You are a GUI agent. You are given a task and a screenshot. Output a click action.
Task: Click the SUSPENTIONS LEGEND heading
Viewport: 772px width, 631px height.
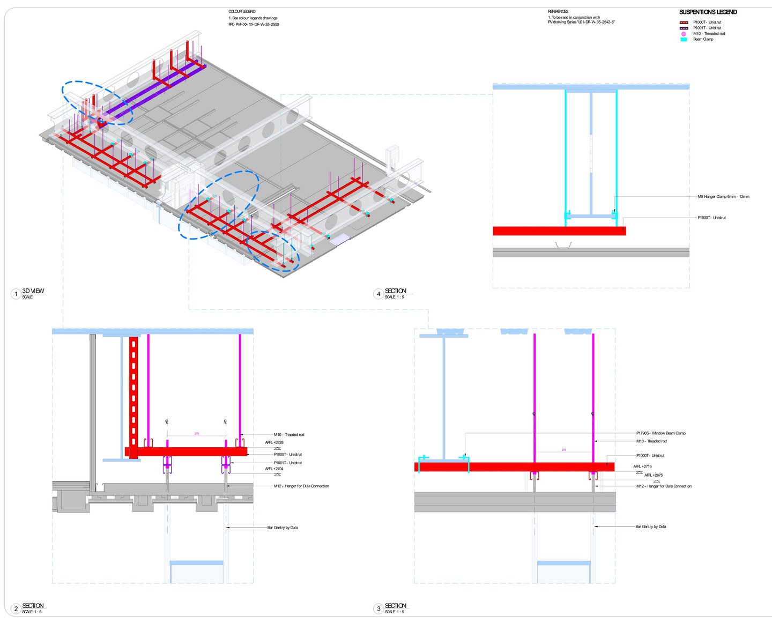pyautogui.click(x=708, y=12)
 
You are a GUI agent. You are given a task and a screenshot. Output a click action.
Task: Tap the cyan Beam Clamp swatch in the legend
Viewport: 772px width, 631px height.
pyautogui.click(x=684, y=39)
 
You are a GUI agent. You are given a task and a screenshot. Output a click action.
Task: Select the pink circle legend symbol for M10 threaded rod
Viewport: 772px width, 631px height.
pyautogui.click(x=684, y=34)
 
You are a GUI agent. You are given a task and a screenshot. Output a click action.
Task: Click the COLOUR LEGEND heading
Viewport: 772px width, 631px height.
pyautogui.click(x=242, y=11)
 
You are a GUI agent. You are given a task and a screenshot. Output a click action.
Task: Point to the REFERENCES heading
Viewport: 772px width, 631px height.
pyautogui.click(x=558, y=11)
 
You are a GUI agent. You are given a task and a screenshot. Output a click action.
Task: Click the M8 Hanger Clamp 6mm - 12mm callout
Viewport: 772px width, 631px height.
pyautogui.click(x=723, y=197)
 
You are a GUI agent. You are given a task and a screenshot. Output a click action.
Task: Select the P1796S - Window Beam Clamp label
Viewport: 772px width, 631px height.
pyautogui.click(x=660, y=433)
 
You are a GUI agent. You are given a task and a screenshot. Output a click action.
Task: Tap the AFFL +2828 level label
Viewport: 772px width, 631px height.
pyautogui.click(x=274, y=442)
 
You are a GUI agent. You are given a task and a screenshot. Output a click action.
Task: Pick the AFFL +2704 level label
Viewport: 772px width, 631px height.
pyautogui.click(x=274, y=469)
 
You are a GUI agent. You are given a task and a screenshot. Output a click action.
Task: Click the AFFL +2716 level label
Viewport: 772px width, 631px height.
pyautogui.click(x=642, y=466)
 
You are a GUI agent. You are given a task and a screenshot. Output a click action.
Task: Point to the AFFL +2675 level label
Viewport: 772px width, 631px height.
pyautogui.click(x=653, y=475)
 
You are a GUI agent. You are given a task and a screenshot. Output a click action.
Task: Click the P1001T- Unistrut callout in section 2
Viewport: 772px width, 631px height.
pyautogui.click(x=288, y=463)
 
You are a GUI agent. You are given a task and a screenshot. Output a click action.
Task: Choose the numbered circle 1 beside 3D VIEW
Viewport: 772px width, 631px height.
pyautogui.click(x=16, y=294)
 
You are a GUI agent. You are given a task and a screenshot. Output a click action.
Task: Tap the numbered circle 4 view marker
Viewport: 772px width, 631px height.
pyautogui.click(x=378, y=294)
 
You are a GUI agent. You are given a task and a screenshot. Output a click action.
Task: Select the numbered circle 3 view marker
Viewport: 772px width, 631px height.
pyautogui.click(x=378, y=608)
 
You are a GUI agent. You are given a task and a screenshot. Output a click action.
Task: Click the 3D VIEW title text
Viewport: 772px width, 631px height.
pyautogui.click(x=33, y=291)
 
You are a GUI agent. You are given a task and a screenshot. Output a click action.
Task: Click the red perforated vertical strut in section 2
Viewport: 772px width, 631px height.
pyautogui.click(x=133, y=391)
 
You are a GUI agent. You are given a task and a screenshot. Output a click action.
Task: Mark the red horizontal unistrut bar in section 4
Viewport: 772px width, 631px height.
pyautogui.click(x=559, y=231)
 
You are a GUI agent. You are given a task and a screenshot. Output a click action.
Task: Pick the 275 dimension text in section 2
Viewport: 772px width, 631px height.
pyautogui.click(x=196, y=433)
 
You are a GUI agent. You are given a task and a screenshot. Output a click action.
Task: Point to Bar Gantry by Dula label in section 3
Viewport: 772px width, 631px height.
pyautogui.click(x=650, y=526)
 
